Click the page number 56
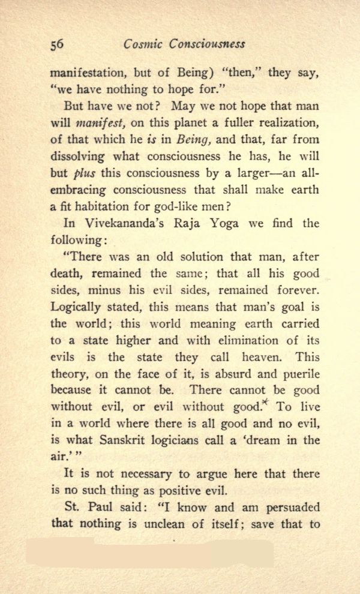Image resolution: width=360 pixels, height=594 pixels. [x=58, y=45]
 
